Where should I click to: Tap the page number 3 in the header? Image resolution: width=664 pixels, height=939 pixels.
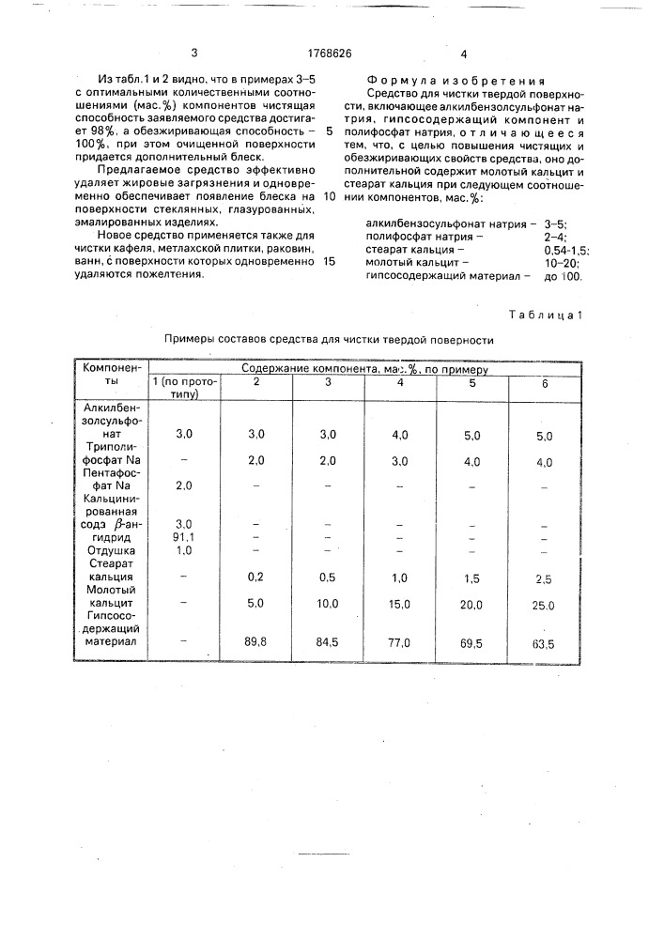pyautogui.click(x=194, y=54)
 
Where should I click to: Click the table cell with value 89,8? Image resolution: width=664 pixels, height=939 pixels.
pyautogui.click(x=243, y=643)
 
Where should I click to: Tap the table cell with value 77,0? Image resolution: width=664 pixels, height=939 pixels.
pyautogui.click(x=400, y=644)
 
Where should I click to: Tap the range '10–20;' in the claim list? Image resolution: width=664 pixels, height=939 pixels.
pyautogui.click(x=558, y=265)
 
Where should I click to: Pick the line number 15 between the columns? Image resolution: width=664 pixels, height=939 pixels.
pyautogui.click(x=328, y=262)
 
